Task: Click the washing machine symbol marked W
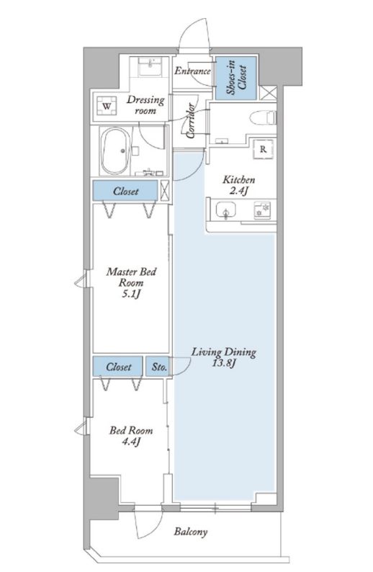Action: click(107, 106)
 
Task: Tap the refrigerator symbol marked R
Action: click(263, 149)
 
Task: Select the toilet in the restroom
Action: click(262, 118)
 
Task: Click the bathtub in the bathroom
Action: click(115, 151)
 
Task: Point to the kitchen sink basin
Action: click(225, 210)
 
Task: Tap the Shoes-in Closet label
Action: click(236, 78)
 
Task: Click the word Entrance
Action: click(192, 71)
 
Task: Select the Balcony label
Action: click(191, 532)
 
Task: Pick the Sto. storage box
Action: click(158, 366)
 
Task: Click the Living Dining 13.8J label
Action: click(224, 357)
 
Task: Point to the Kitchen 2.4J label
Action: click(239, 185)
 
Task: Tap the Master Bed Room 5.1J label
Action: click(131, 282)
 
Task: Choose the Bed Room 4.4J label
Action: click(131, 436)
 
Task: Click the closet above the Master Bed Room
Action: click(125, 190)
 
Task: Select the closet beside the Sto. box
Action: click(118, 366)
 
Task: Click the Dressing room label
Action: click(145, 104)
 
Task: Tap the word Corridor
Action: click(190, 121)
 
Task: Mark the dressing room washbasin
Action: click(150, 67)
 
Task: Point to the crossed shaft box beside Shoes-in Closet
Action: click(269, 93)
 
